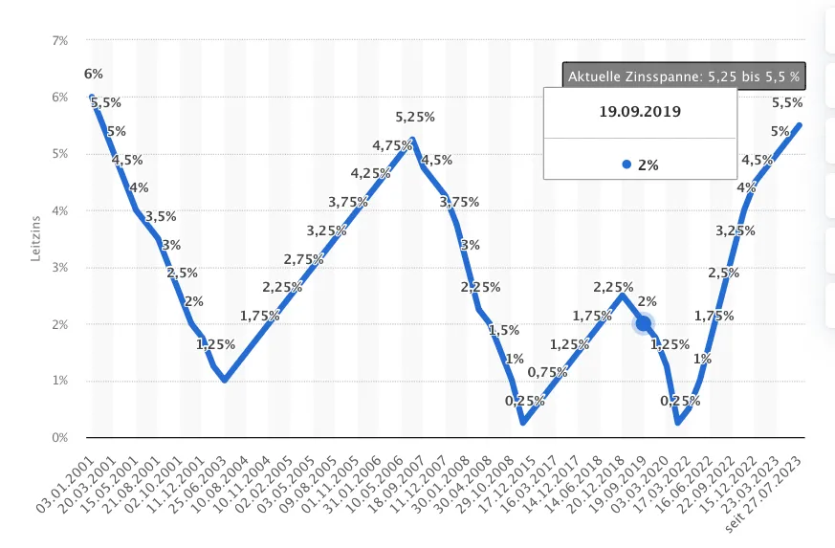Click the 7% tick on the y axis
coord(60,41)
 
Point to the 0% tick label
coord(60,438)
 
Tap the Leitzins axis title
coord(35,239)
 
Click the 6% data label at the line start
coord(94,75)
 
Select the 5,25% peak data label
coord(415,117)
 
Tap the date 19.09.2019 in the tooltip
coord(640,111)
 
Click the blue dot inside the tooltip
coord(626,164)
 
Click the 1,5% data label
coord(504,330)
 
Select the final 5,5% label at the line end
coord(786,103)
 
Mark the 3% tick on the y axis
coord(60,268)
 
